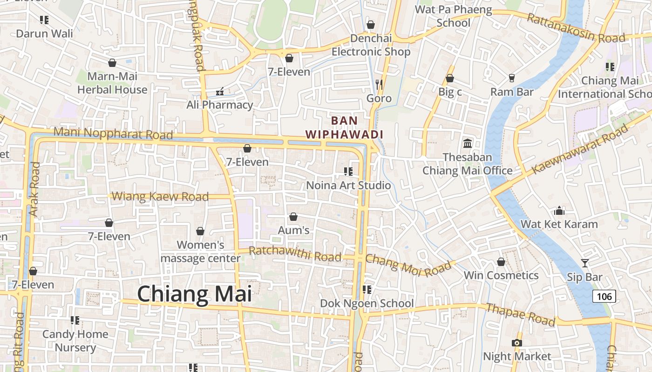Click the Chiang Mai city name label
pos(194,294)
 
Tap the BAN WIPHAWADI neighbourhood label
pos(344,127)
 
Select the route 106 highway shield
pos(604,296)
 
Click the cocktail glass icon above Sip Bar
pos(585,263)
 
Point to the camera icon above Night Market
pos(516,343)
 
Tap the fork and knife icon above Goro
pos(379,84)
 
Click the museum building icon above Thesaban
pos(468,143)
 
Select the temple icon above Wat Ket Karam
pos(559,211)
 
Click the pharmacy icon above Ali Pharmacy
pos(220,92)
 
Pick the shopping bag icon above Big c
pos(450,78)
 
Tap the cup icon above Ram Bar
pos(512,78)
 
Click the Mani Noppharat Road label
pos(113,133)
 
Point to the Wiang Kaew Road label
pos(161,196)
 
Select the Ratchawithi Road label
pos(295,254)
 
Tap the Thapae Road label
pos(520,314)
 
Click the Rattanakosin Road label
pos(575,28)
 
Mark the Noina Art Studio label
pos(348,186)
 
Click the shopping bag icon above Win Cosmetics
pos(501,262)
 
